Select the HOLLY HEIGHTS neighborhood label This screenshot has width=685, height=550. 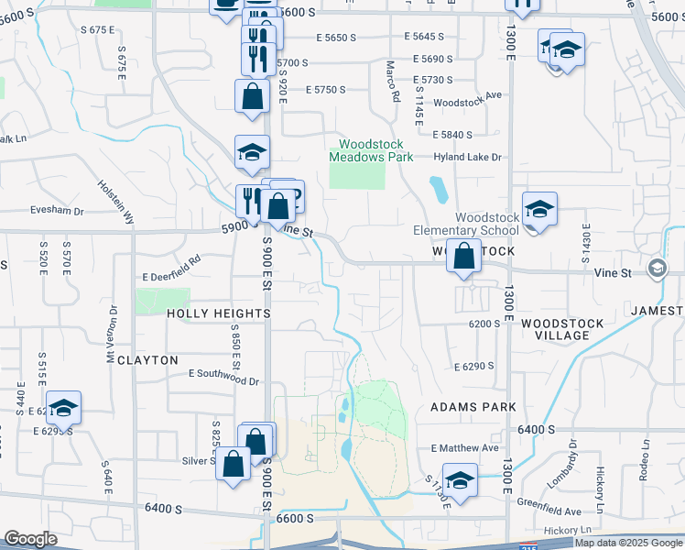click(219, 313)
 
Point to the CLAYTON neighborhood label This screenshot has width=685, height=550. click(147, 360)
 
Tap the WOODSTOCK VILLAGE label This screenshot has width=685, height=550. click(562, 330)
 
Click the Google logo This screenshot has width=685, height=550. click(31, 539)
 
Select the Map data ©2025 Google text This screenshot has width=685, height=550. click(628, 543)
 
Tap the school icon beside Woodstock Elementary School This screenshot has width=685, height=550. click(539, 210)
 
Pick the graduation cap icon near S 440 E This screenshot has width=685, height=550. click(63, 407)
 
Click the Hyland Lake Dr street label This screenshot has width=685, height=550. click(470, 158)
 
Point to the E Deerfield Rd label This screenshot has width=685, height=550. click(170, 274)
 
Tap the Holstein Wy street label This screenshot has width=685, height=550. click(116, 202)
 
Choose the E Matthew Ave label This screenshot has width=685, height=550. click(464, 448)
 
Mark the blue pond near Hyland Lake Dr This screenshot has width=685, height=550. click(439, 190)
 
